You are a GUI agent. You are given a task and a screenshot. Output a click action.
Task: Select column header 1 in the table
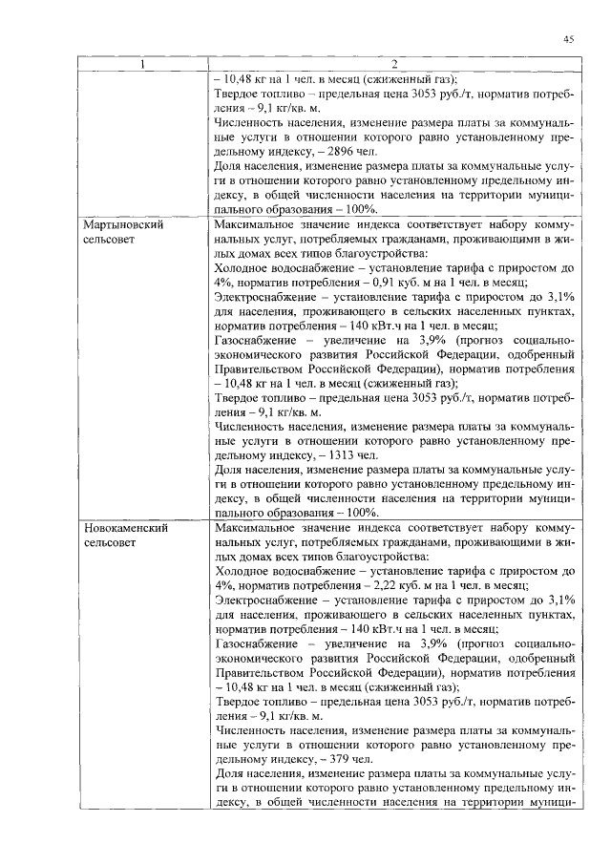point(143,65)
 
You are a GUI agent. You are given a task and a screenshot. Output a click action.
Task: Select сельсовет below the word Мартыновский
point(111,240)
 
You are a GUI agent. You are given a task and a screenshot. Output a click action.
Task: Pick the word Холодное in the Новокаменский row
point(242,570)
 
